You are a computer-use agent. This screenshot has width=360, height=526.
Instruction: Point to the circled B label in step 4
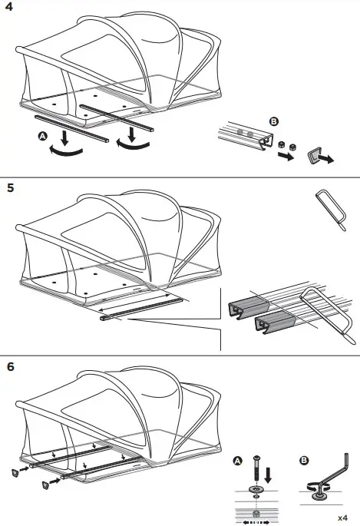click(x=273, y=122)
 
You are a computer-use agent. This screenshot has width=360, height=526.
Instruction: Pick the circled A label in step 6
click(x=238, y=462)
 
